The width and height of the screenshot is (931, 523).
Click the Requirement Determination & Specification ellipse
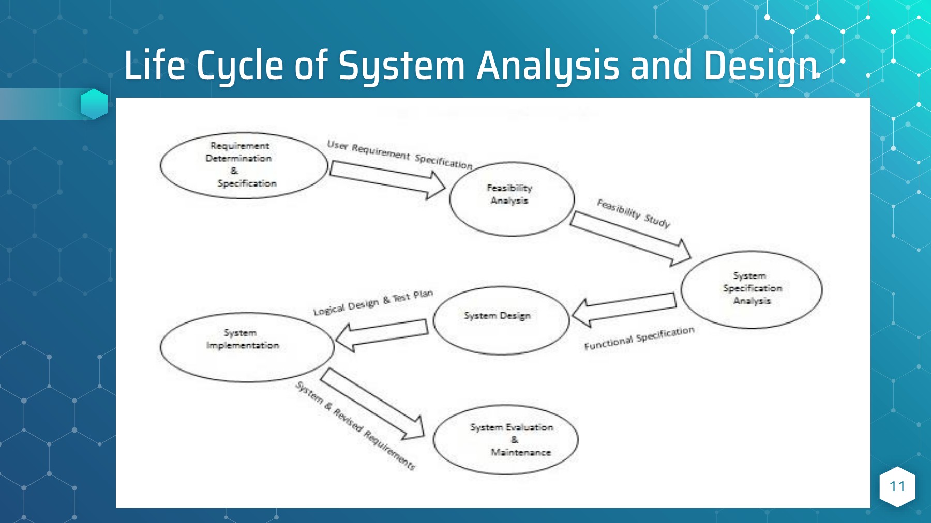[x=244, y=165]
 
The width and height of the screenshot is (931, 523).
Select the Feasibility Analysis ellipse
[x=512, y=199]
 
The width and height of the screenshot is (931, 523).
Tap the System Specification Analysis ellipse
[x=751, y=289]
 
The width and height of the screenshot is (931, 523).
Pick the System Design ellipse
[x=501, y=320]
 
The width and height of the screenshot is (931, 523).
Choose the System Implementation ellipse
[x=247, y=347]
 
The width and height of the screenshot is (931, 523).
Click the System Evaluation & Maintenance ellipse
[x=505, y=440]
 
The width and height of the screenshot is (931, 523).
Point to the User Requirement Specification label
[x=399, y=154]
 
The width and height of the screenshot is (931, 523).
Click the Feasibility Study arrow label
[x=634, y=213]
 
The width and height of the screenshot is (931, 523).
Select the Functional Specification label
[x=639, y=338]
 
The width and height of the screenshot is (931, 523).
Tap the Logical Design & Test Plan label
[x=372, y=303]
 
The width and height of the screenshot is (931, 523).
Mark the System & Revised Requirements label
[x=355, y=426]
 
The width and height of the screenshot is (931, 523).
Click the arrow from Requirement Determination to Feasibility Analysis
[x=387, y=179]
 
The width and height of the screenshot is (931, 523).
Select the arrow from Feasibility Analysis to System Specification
[x=630, y=238]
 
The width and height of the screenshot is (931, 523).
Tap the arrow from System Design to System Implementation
[x=383, y=334]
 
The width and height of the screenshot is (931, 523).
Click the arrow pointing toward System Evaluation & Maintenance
[x=372, y=403]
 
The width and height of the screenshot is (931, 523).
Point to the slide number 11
[x=897, y=486]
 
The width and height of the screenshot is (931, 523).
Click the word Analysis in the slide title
[x=547, y=66]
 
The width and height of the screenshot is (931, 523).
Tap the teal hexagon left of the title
[x=94, y=103]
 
